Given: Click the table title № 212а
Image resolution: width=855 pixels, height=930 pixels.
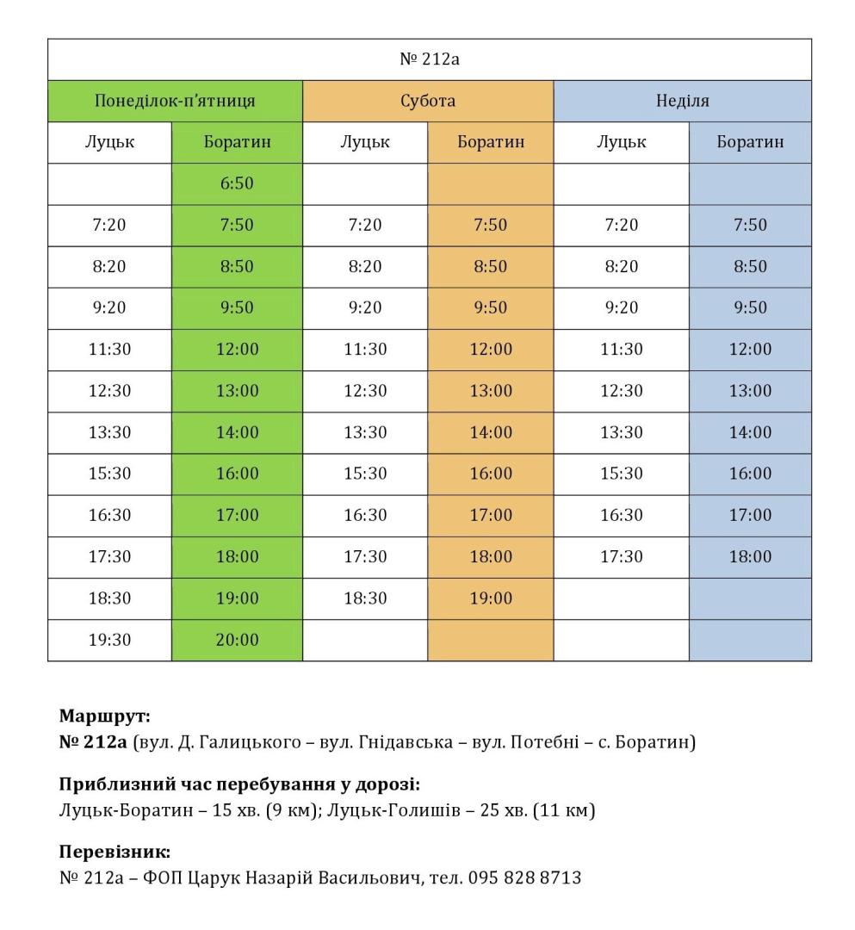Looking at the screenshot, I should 429,59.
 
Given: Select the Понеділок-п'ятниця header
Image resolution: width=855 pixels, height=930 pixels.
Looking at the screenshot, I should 175,101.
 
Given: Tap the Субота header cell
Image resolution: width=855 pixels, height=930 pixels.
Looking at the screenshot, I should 428,101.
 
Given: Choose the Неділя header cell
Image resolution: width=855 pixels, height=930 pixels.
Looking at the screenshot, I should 682,101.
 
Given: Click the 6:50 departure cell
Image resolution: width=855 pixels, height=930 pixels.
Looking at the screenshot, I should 237,183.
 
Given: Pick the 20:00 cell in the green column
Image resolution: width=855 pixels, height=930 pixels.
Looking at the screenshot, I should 237,640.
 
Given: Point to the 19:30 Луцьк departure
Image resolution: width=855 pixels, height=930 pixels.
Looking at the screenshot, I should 109,640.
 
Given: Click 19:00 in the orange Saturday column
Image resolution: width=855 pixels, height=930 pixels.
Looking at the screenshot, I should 490,598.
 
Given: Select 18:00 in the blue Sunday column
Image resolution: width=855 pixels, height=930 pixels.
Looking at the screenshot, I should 750,557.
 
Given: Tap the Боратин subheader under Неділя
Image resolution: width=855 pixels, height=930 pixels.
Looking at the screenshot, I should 750,142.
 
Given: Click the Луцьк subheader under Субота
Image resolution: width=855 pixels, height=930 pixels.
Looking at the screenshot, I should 365,142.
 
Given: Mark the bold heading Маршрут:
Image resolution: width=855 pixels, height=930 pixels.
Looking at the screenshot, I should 105,716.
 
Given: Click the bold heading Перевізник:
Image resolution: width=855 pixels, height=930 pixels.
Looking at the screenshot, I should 115,852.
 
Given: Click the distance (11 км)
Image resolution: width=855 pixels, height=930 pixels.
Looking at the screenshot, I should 564,810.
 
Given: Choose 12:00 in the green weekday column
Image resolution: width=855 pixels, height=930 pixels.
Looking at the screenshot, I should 237,350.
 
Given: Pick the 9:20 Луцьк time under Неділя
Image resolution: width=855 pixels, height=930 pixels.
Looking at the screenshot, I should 621,308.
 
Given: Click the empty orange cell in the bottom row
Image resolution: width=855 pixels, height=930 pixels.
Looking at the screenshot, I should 490,640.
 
